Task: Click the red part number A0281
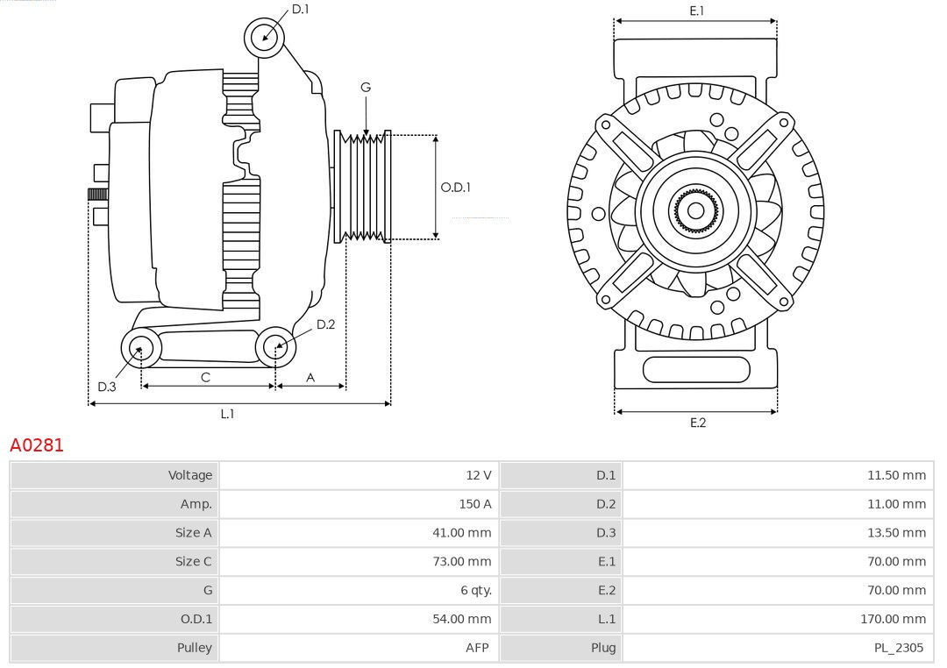[x=37, y=445]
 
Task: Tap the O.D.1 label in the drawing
[x=455, y=187]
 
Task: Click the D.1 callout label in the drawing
[x=300, y=9]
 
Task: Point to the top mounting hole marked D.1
[x=263, y=37]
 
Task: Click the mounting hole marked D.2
[x=274, y=347]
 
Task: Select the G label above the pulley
[x=366, y=87]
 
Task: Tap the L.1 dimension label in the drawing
[x=227, y=414]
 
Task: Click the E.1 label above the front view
[x=696, y=11]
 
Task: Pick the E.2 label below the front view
[x=697, y=423]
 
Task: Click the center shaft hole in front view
[x=695, y=210]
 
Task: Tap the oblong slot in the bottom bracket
[x=696, y=370]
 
